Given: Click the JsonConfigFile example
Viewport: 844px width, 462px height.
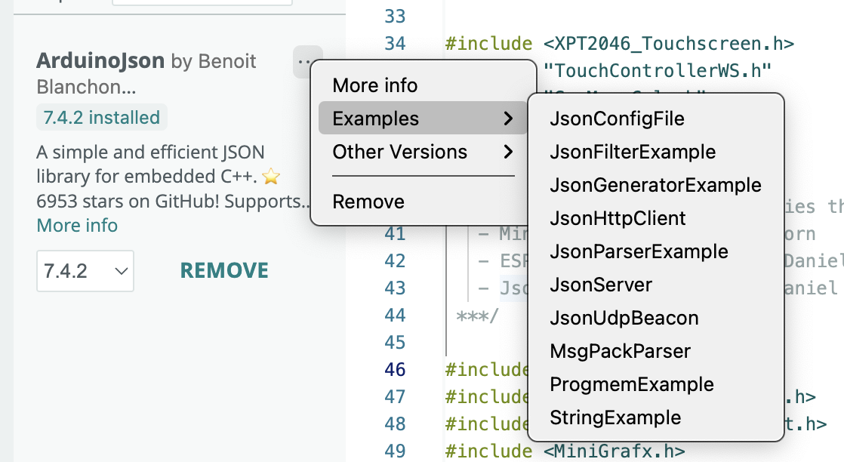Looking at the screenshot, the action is tap(617, 119).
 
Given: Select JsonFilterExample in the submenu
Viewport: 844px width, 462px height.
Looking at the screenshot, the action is tap(633, 152).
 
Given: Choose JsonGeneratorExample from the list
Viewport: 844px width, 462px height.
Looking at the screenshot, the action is tap(655, 185).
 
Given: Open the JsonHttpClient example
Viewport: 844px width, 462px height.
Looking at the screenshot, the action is tap(618, 218).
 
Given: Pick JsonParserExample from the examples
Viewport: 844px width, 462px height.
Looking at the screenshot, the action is tap(639, 251).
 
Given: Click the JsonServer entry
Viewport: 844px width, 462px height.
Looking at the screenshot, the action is tap(601, 285).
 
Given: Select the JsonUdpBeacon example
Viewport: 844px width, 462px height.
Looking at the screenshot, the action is tap(624, 318).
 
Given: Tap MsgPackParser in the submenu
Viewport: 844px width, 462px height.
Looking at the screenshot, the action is tap(620, 351).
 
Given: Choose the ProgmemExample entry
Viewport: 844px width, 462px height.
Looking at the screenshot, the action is tap(632, 384).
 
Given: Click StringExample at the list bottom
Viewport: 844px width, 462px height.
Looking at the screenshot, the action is tap(615, 417).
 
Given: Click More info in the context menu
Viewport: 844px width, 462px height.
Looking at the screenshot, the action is tap(375, 85).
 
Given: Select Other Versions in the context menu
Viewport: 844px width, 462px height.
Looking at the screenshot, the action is tap(400, 152).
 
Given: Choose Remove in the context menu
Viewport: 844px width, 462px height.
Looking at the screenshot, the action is tap(368, 202).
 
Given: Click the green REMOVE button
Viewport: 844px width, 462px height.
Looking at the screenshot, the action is tap(224, 270).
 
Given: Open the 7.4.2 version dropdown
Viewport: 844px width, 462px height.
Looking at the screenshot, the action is tap(85, 271).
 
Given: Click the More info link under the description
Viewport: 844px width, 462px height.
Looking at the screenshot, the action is tap(77, 225).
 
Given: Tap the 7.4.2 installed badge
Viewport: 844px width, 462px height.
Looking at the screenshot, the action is tap(101, 118).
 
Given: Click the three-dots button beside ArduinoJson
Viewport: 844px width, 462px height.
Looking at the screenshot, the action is tap(305, 61).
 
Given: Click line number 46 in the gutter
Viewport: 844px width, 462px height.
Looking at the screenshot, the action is tap(395, 369).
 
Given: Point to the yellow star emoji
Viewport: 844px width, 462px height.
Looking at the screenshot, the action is tap(271, 177).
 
